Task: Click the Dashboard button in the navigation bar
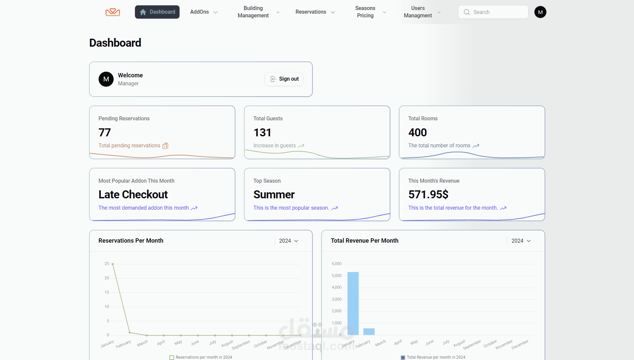[x=157, y=12]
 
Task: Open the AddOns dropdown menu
[x=204, y=12]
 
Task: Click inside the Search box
[x=493, y=12]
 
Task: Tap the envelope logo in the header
[x=113, y=12]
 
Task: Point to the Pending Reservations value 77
[x=105, y=133]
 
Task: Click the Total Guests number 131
[x=262, y=133]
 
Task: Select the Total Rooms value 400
[x=417, y=133]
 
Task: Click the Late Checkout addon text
[x=133, y=195]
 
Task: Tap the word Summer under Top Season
[x=274, y=195]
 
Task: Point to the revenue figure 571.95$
[x=428, y=195]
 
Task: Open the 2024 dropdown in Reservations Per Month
[x=289, y=241]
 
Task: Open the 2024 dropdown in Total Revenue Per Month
[x=521, y=241]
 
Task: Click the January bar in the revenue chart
[x=353, y=303]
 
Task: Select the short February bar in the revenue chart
[x=369, y=332]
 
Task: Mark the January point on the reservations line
[x=113, y=264]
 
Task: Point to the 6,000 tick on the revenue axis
[x=336, y=264]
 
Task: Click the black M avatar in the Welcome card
[x=106, y=79]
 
